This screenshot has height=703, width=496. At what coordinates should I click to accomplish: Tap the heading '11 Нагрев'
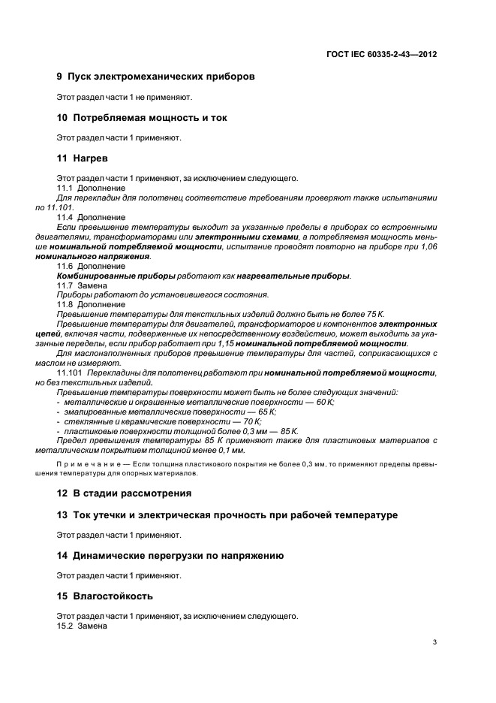click(83, 158)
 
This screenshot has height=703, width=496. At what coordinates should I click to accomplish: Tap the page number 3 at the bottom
click(435, 641)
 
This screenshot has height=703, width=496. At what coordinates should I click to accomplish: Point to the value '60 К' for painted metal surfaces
click(324, 403)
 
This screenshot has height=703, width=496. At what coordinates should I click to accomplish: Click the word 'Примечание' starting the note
click(91, 464)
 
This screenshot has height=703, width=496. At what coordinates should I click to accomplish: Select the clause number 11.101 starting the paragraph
click(70, 373)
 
